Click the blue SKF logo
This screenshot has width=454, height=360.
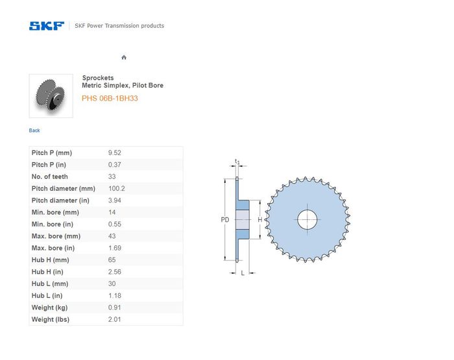pos(47,26)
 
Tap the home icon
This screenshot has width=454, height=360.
pos(124,57)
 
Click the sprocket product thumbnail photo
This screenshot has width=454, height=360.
pos(51,96)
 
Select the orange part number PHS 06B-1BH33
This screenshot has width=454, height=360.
pos(110,99)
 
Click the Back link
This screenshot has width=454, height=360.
pos(34,130)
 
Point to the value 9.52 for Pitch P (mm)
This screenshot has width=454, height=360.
pos(115,152)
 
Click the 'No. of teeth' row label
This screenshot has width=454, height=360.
pos(49,176)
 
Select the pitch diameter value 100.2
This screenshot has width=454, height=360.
pos(117,189)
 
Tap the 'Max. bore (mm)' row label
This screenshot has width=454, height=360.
pos(56,236)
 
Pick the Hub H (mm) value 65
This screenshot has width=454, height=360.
pos(112,260)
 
